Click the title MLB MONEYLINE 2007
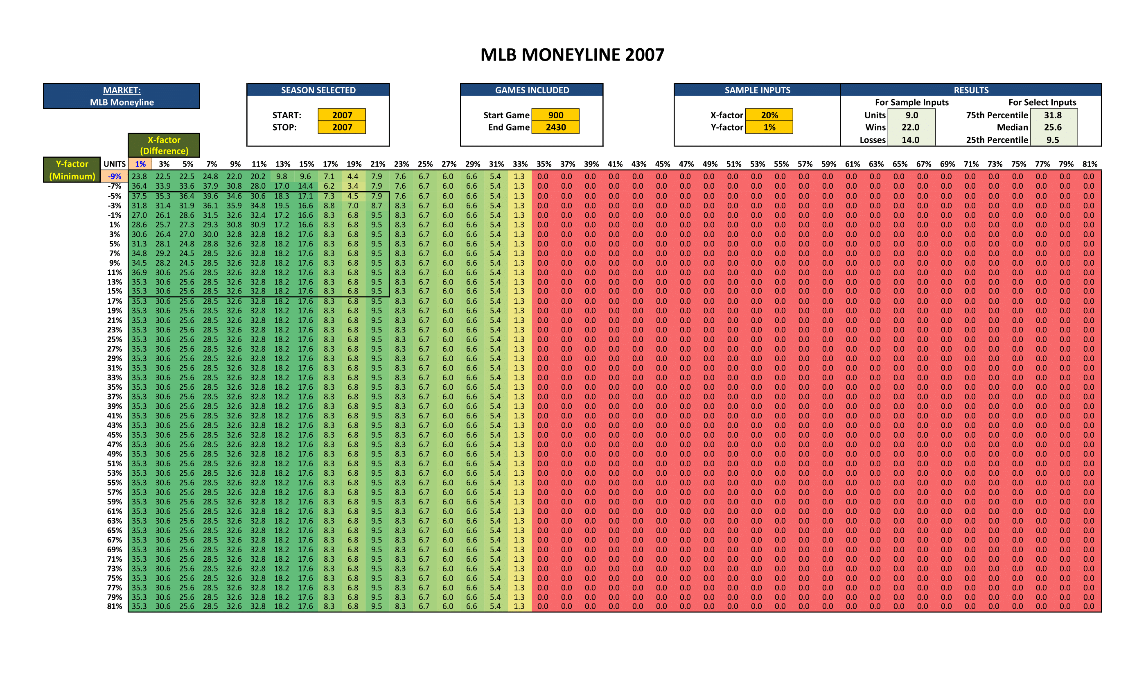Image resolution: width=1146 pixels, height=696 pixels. tap(572, 55)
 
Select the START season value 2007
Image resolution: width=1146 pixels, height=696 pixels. tap(342, 115)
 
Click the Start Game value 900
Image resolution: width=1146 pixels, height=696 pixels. tap(555, 115)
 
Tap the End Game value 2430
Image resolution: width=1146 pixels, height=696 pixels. tap(555, 127)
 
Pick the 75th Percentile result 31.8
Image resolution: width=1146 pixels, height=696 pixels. tap(1053, 115)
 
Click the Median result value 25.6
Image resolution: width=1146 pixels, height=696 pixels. tap(1053, 127)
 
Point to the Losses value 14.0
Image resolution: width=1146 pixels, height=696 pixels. tap(910, 140)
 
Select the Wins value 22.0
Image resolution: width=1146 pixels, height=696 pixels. tap(910, 127)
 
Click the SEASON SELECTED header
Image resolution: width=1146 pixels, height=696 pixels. tap(318, 90)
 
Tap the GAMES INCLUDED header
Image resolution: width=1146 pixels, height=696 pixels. tap(532, 90)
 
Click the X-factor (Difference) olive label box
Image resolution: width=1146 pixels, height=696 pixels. tap(164, 145)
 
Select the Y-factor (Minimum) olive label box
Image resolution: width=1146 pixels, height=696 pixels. tap(72, 170)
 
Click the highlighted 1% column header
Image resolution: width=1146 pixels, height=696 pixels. tap(140, 164)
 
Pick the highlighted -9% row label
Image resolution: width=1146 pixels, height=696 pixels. tap(115, 176)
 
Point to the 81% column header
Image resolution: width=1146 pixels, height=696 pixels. tap(1089, 164)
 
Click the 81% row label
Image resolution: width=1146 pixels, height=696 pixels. tap(115, 606)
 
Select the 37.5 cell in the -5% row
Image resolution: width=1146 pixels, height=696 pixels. tap(139, 196)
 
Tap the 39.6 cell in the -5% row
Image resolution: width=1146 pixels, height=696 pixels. tap(210, 196)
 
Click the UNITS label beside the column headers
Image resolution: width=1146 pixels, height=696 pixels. tap(115, 164)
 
